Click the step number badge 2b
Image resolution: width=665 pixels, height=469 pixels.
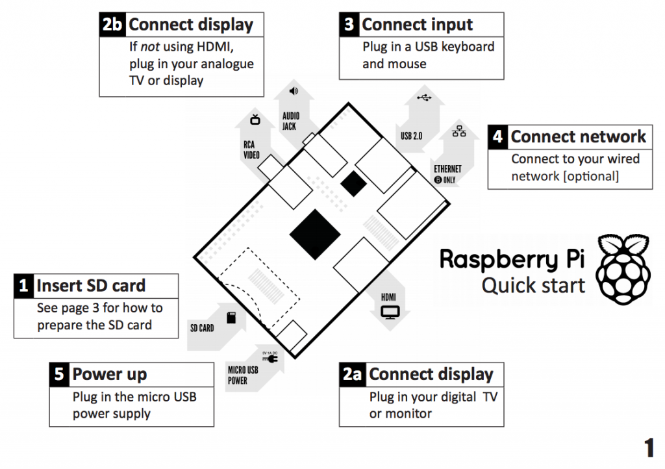(x=113, y=25)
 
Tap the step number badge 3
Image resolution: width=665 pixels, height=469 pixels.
(x=349, y=25)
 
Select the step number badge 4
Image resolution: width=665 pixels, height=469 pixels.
(x=497, y=137)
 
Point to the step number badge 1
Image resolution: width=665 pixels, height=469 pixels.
(x=24, y=286)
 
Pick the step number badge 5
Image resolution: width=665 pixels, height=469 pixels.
(x=59, y=374)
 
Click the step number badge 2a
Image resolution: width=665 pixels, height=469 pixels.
(x=352, y=375)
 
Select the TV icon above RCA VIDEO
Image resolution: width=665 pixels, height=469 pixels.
(x=255, y=119)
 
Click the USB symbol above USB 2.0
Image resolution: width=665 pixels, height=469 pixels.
(x=423, y=98)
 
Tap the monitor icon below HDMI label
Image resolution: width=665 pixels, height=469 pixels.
(x=390, y=313)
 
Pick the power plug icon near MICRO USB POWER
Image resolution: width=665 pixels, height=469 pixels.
(x=268, y=358)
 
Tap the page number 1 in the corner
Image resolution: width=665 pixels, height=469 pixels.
(x=649, y=448)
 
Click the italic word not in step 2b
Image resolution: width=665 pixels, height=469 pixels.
(x=151, y=47)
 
